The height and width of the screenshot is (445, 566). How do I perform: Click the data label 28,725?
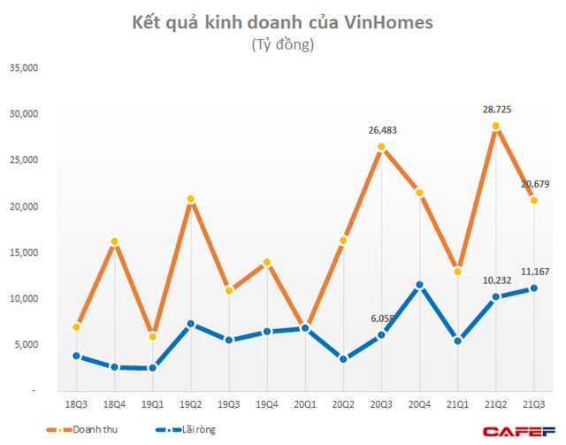[x=496, y=110]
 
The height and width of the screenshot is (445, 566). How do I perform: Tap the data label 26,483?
[x=381, y=130]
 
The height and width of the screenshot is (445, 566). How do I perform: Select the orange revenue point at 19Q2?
[x=191, y=199]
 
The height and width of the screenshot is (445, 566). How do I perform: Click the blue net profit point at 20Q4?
[x=420, y=285]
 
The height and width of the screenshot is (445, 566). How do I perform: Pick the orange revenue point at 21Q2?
[x=496, y=126]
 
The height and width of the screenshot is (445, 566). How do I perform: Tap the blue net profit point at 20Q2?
[x=343, y=358]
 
